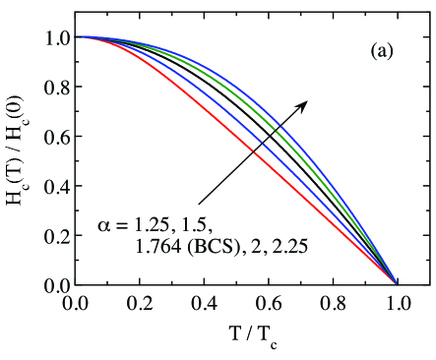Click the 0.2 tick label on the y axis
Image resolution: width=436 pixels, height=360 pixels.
click(55, 236)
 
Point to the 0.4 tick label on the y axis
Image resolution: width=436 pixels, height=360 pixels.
click(55, 186)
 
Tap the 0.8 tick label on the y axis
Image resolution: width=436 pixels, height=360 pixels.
click(55, 87)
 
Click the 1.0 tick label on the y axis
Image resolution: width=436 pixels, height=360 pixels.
click(55, 37)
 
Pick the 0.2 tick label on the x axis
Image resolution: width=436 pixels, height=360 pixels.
click(139, 302)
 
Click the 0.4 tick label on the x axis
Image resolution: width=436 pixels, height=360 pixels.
click(204, 302)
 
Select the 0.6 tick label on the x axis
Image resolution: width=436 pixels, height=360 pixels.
click(268, 302)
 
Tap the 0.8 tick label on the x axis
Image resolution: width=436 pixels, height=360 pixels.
click(333, 302)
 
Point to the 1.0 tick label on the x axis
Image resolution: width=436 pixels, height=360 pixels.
click(397, 302)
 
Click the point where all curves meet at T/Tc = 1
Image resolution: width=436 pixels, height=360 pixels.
click(397, 284)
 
